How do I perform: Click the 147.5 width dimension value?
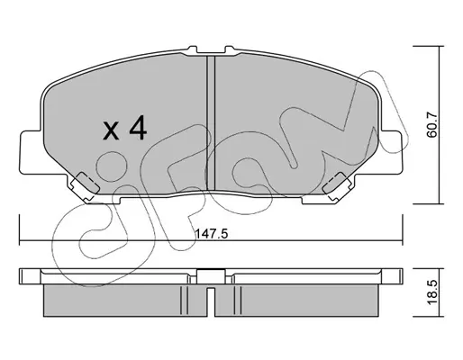pyautogui.click(x=212, y=234)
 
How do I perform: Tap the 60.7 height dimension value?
pyautogui.click(x=431, y=124)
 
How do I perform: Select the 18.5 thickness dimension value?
pyautogui.click(x=431, y=292)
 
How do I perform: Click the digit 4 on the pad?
pyautogui.click(x=138, y=129)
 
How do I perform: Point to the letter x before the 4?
pyautogui.click(x=111, y=131)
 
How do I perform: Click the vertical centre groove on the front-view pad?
pyautogui.click(x=211, y=123)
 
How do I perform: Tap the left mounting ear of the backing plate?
pyautogui.click(x=31, y=152)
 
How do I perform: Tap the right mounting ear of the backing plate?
pyautogui.click(x=391, y=152)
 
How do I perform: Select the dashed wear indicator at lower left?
pyautogui.click(x=86, y=184)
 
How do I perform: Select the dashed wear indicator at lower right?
pyautogui.click(x=335, y=184)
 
